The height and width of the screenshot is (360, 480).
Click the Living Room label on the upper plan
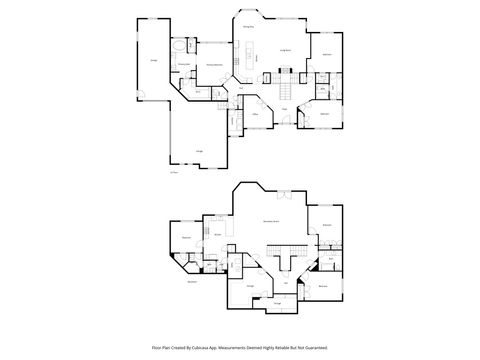284,49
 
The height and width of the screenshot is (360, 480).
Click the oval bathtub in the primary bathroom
177,46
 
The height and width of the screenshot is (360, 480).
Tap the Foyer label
283,108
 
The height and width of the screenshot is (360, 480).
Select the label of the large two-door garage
200,151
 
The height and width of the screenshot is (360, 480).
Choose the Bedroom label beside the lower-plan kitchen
185,237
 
